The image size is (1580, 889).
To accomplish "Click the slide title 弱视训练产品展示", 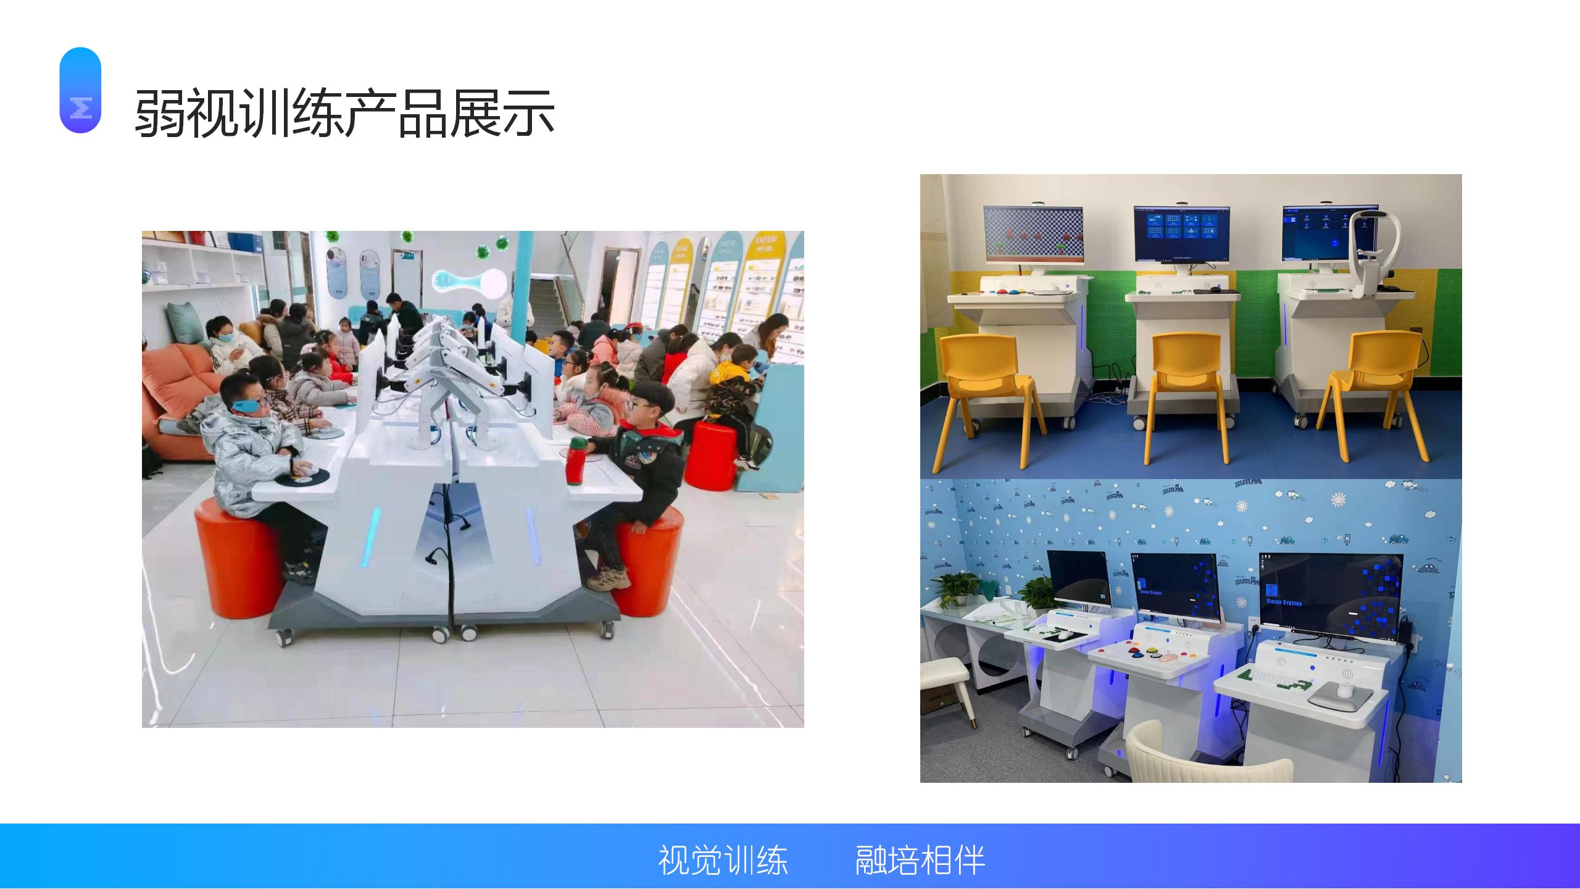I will click(344, 114).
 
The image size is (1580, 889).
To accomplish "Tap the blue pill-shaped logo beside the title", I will click(80, 90).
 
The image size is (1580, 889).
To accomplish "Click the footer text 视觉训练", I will click(723, 860).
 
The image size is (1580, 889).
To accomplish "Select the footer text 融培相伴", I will click(920, 860).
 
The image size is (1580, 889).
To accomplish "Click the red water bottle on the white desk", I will click(576, 460).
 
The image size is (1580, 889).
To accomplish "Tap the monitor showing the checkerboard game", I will click(1032, 233).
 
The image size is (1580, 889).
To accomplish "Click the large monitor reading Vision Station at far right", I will click(1330, 595).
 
